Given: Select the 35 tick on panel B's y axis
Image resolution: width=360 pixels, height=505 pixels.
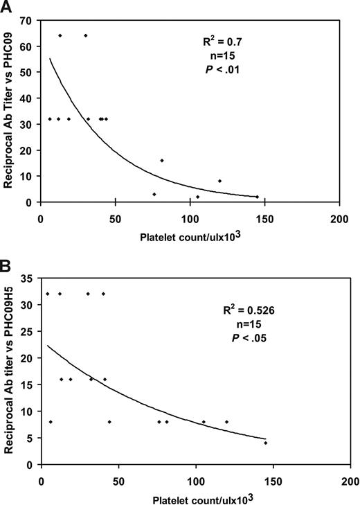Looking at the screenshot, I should [x=29, y=278].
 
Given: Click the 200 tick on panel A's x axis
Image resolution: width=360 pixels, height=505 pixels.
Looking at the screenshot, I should [x=339, y=213].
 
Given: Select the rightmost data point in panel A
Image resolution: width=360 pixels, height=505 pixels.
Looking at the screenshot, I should [x=257, y=197].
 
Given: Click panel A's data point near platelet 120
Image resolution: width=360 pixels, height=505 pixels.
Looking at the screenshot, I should [x=219, y=181].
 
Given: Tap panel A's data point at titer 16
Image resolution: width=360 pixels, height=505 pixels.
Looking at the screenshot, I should [x=162, y=160].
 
